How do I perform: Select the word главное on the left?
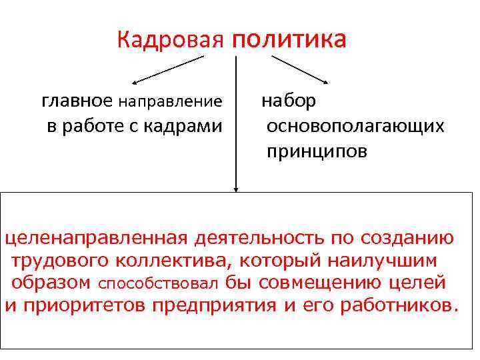77,101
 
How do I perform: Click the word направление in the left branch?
171,102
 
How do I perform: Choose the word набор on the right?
289,101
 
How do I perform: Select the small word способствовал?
159,283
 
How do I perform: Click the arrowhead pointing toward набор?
324,81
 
